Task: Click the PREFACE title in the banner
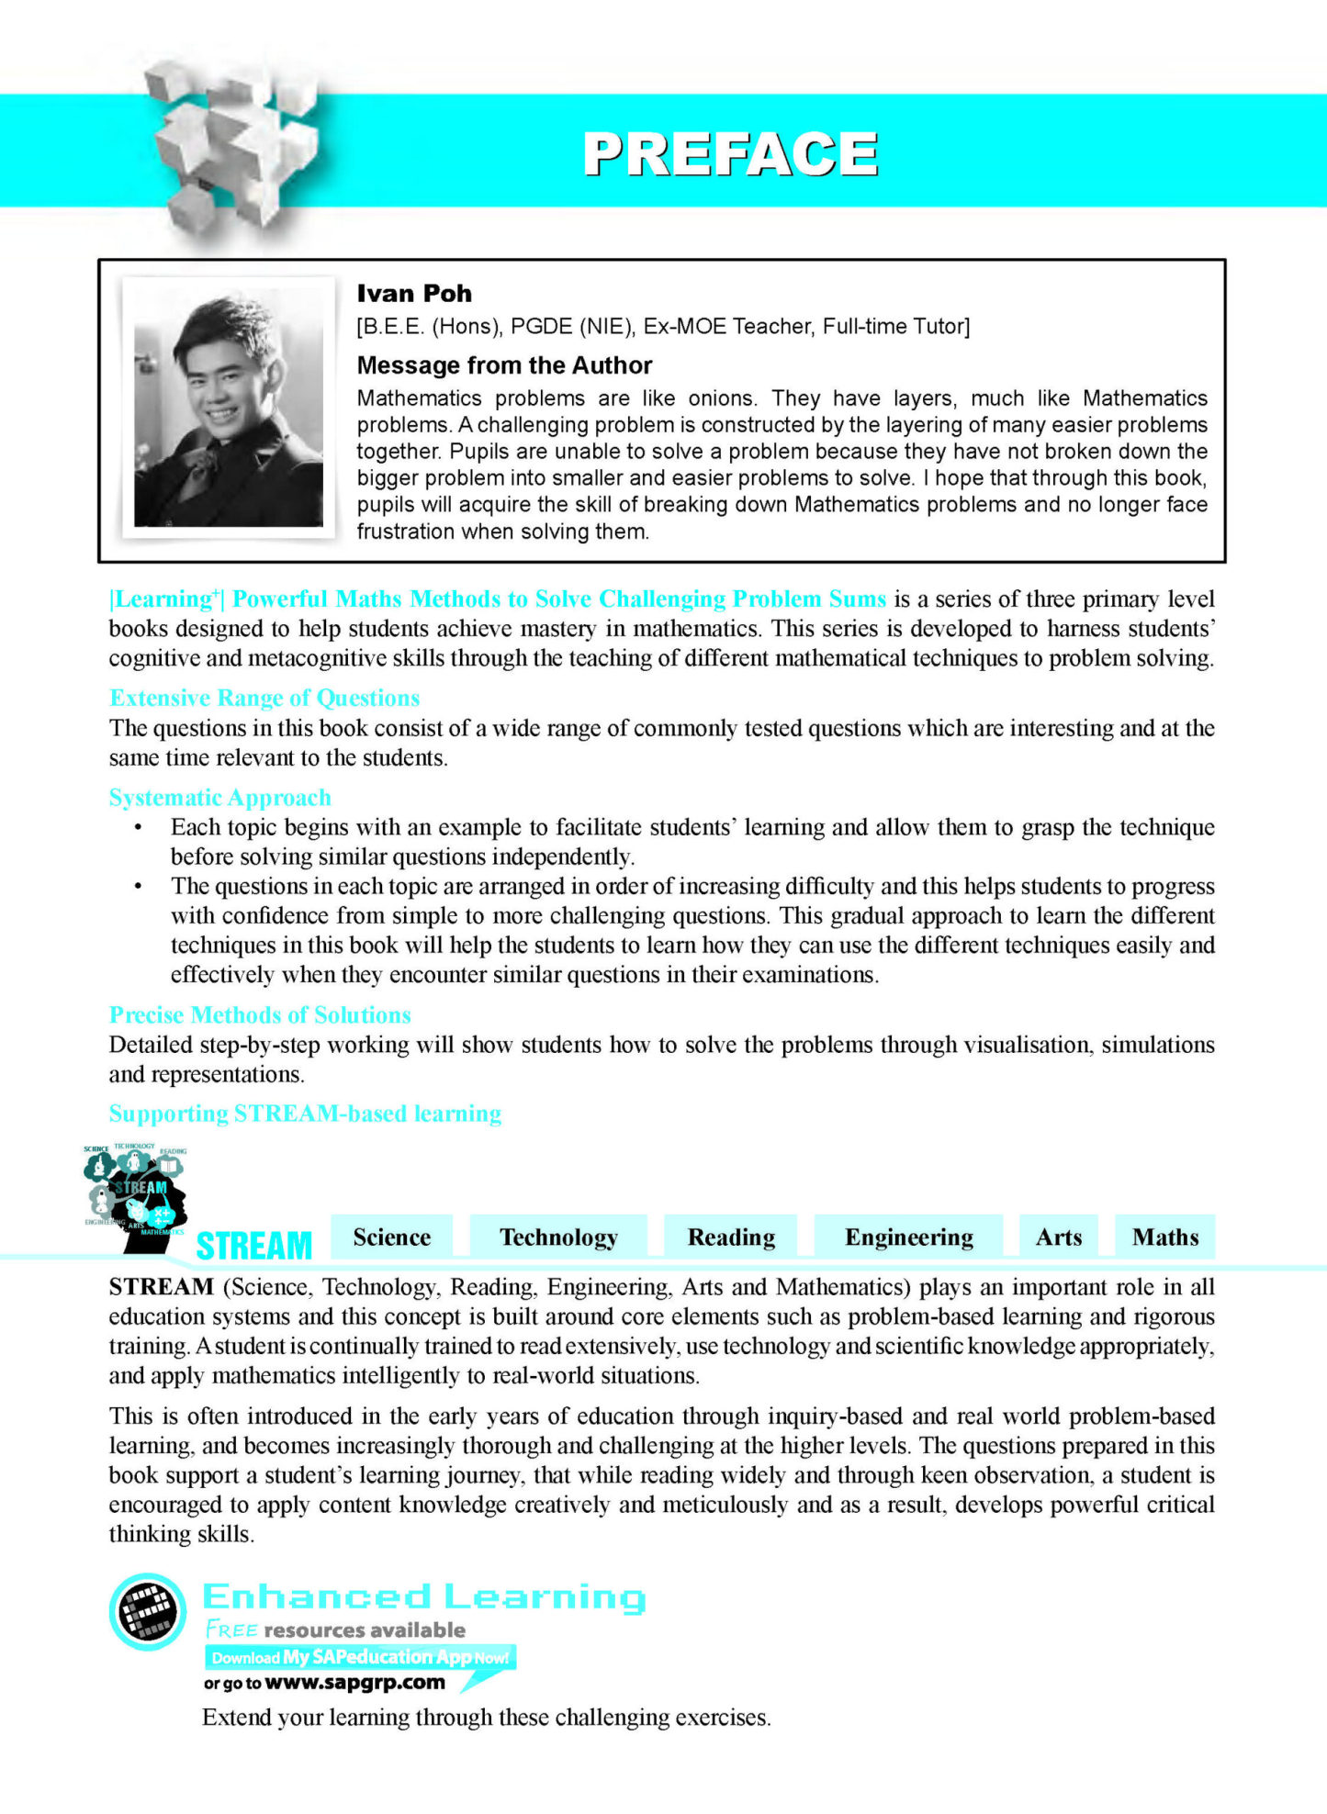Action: [x=730, y=153]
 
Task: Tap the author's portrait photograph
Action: [x=229, y=408]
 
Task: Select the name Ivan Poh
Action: [x=414, y=294]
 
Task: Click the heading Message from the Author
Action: [x=504, y=365]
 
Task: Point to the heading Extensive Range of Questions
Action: [x=264, y=699]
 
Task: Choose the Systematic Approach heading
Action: [x=220, y=798]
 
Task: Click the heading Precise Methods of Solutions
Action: [x=260, y=1015]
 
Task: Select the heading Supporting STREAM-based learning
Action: [x=305, y=1114]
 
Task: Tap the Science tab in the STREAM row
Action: [x=392, y=1237]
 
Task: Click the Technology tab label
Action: [x=558, y=1237]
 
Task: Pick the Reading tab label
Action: [x=731, y=1237]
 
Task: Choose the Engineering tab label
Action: [x=909, y=1237]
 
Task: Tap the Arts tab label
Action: [x=1059, y=1237]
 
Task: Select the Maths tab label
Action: [x=1165, y=1237]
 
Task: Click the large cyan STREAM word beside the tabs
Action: [x=254, y=1246]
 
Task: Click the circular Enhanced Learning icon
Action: [x=148, y=1612]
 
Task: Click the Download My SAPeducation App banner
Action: [x=360, y=1657]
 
